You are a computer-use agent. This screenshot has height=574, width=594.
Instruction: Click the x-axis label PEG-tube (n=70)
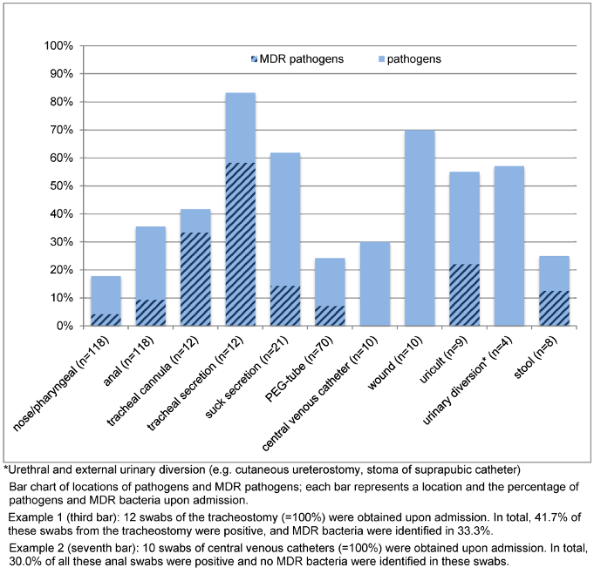[299, 365]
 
